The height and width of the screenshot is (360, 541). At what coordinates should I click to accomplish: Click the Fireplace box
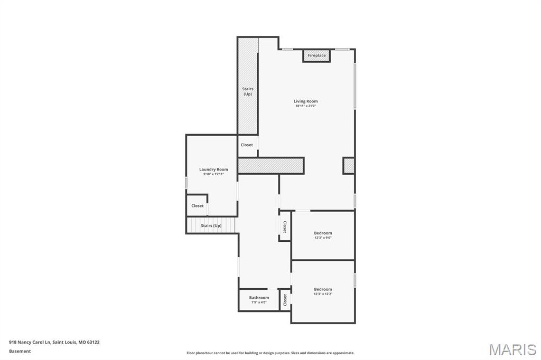pos(316,55)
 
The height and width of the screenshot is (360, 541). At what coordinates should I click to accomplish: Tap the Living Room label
pos(305,101)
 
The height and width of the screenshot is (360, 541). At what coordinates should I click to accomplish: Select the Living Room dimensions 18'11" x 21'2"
pos(305,106)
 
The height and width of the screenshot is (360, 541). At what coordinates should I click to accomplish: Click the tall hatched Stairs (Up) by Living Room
pos(247,87)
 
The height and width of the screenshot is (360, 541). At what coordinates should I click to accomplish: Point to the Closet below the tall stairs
pos(247,145)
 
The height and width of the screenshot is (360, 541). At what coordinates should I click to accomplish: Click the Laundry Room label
pos(213,169)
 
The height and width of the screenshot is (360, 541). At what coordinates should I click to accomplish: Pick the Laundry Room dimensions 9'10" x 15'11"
pos(213,174)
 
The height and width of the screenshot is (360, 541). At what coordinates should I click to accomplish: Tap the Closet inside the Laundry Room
pos(197,206)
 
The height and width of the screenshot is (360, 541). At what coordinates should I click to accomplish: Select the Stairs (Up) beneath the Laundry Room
pos(211,225)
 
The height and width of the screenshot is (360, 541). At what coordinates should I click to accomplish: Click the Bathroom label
pos(259,298)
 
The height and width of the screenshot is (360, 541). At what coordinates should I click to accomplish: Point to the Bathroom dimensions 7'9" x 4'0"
pos(259,302)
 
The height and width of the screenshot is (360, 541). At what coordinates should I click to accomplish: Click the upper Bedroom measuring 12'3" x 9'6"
pos(323,235)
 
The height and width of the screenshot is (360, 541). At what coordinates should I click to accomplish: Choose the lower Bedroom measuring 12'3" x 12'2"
pos(323,291)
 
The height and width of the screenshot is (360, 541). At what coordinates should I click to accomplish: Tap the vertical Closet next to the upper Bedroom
pos(285,227)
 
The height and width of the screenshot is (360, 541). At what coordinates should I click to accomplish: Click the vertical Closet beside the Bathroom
pos(285,300)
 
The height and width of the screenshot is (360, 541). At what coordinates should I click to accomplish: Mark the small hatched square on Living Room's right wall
pos(349,165)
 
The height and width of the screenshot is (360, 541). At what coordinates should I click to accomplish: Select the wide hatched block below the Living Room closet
pos(270,165)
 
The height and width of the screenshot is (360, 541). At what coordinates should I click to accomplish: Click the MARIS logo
pos(512,349)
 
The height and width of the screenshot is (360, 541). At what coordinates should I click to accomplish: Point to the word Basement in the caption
pos(20,351)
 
